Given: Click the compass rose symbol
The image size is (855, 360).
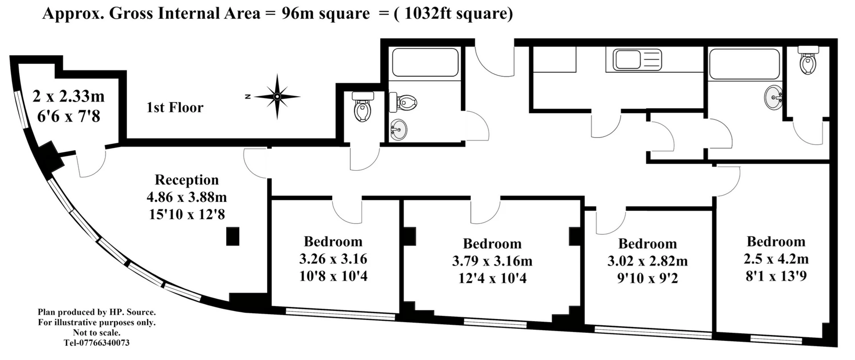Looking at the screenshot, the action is click(277, 96).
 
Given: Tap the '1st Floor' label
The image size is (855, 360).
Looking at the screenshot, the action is click(175, 107).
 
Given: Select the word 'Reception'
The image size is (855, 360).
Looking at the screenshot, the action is click(187, 180).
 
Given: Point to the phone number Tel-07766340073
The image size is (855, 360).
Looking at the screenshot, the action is click(97, 343).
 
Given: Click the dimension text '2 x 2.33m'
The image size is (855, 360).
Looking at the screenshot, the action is click(69, 96).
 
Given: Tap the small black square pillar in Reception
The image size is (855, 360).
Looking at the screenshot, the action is click(232, 236).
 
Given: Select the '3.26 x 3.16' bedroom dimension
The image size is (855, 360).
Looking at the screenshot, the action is click(333, 258).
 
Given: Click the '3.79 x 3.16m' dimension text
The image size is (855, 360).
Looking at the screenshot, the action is click(492, 261).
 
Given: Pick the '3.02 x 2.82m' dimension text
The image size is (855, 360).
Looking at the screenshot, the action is click(647, 261).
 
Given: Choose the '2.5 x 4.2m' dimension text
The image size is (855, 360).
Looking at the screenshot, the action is click(776, 258).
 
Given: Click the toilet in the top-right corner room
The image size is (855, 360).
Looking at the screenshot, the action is click(808, 60).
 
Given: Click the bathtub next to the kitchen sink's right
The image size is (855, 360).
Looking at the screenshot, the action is click(744, 64).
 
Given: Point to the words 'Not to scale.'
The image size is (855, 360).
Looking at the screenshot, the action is click(97, 332).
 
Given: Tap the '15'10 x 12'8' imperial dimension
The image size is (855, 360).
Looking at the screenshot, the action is click(187, 214).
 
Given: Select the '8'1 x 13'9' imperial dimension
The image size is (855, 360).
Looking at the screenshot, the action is click(776, 276).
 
